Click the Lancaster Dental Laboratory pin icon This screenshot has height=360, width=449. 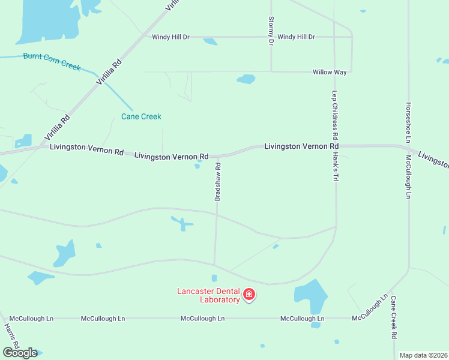(249, 295)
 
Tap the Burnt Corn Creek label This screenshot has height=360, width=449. (52, 61)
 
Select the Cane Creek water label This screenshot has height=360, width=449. (141, 116)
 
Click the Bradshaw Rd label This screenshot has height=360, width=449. (218, 181)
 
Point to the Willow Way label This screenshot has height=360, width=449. (330, 72)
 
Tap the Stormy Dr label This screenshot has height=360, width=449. (271, 31)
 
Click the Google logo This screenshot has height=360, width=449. (20, 353)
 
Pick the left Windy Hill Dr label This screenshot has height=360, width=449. (170, 37)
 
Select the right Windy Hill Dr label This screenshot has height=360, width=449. (296, 37)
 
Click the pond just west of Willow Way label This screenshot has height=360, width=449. (246, 79)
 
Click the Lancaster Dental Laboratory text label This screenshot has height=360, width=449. (208, 295)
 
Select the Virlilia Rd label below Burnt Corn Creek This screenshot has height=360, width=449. (58, 127)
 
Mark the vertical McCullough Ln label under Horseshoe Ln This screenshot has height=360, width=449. (408, 177)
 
